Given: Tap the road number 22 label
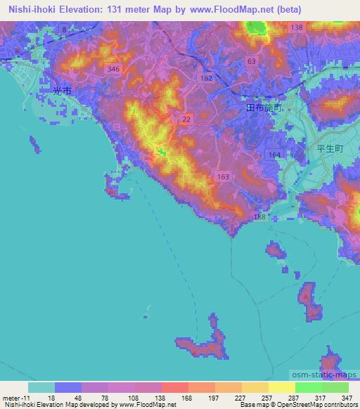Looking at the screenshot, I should click(186, 120).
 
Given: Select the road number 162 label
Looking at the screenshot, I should click(206, 78).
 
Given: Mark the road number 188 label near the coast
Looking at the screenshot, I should click(260, 219).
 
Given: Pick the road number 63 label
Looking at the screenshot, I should click(251, 63).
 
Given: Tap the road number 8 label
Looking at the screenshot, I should click(64, 29).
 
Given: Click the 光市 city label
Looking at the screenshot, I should click(62, 91).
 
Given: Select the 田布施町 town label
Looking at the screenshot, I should click(264, 108).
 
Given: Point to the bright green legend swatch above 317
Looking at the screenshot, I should click(308, 387).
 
